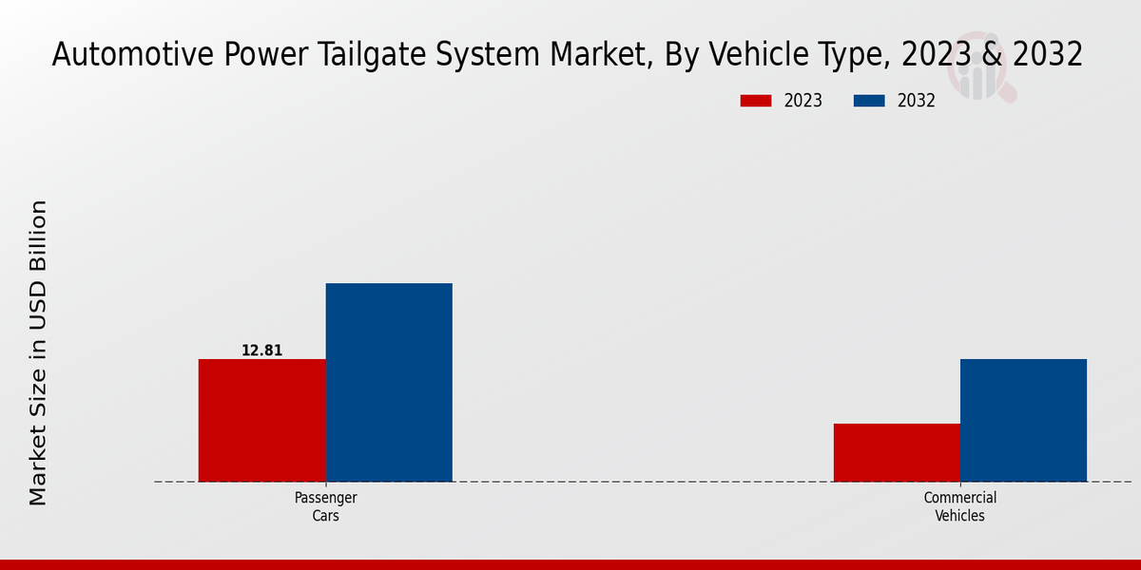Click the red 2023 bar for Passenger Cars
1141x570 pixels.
(261, 420)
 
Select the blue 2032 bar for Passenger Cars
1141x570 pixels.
(389, 382)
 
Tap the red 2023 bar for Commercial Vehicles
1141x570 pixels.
(897, 452)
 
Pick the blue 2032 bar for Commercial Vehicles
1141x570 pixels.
(1023, 420)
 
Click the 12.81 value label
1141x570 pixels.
(261, 351)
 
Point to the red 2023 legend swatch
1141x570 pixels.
(756, 101)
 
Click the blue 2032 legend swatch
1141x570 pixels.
(869, 101)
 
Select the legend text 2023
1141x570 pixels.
(803, 101)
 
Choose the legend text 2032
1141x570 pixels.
(917, 101)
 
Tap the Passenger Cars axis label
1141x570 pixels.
(325, 506)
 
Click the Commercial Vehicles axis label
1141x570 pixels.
(959, 506)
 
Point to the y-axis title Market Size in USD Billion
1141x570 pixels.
(38, 352)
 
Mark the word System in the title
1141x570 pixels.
(505, 55)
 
